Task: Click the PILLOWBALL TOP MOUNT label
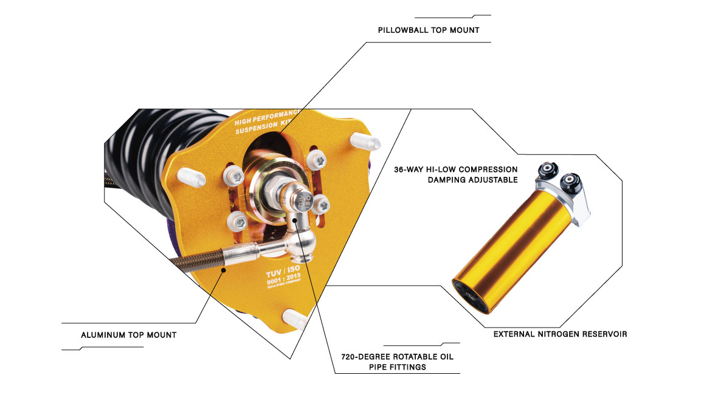click(x=429, y=30)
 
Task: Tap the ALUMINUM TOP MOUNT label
click(x=129, y=335)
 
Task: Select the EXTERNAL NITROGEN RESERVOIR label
click(x=560, y=334)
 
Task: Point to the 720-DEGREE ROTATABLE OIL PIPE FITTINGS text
click(x=398, y=362)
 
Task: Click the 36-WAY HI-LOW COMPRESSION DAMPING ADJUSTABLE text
click(x=456, y=174)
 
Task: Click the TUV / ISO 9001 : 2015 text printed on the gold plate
click(x=284, y=276)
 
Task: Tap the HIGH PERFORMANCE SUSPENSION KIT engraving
click(x=266, y=122)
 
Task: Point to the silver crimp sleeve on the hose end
click(x=240, y=254)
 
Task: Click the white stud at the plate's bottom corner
click(x=294, y=318)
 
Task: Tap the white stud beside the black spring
click(x=191, y=177)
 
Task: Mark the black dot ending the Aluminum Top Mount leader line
click(x=224, y=270)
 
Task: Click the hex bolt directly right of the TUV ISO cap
click(x=321, y=205)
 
